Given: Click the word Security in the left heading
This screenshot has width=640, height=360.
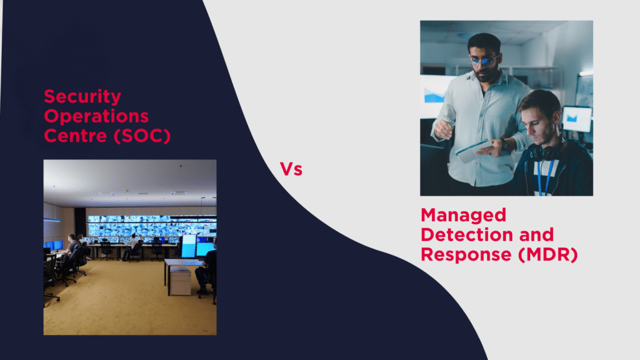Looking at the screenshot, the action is click(82, 97).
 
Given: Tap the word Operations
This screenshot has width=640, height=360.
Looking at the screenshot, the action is click(96, 117).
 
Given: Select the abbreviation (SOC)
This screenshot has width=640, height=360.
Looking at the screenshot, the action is click(142, 136).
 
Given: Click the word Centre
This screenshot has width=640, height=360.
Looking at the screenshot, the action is click(75, 136).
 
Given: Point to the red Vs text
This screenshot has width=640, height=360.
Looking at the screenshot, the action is click(291, 169).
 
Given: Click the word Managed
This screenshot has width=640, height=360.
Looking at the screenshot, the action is click(463, 215).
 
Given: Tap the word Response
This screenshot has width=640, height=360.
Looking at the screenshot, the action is click(466, 255).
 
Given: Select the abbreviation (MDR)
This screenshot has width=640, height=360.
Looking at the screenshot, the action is click(547, 255).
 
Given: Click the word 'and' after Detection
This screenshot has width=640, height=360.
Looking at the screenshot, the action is click(536, 235).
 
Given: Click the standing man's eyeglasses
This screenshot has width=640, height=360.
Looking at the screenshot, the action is click(483, 61).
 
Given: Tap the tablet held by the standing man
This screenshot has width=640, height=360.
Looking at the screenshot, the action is click(474, 151).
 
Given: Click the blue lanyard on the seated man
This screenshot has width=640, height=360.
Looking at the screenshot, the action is click(544, 176).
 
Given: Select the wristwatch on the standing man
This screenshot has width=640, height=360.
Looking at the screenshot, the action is click(504, 144).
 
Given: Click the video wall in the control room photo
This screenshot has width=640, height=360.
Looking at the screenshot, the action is click(152, 226).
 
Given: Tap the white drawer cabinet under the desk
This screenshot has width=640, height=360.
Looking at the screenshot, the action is click(180, 281).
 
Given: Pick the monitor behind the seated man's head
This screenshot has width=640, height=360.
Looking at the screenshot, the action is click(577, 119).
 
